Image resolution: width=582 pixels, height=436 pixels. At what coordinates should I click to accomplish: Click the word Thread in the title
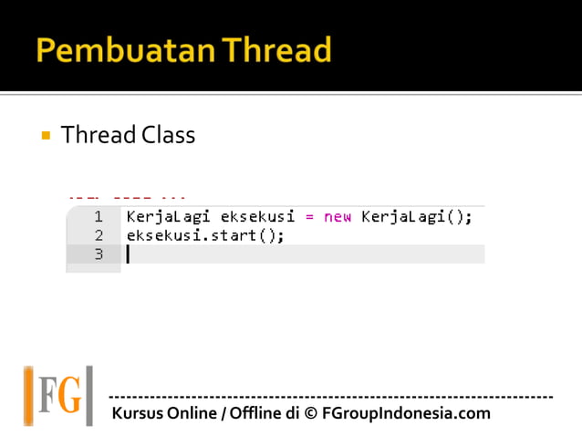273,50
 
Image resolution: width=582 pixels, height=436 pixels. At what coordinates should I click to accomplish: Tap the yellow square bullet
44,136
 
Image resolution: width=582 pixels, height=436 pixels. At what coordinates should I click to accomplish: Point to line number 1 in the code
98,217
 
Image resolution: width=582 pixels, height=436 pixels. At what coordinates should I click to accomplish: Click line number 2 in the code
98,235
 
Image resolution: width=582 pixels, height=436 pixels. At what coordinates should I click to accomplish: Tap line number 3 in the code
98,254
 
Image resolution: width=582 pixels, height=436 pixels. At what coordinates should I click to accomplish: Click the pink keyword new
338,217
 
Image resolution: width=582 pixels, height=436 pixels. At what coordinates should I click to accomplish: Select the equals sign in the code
309,217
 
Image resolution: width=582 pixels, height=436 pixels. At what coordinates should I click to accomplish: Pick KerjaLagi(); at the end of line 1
417,217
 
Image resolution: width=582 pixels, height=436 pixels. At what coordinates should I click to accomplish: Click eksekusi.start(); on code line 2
205,235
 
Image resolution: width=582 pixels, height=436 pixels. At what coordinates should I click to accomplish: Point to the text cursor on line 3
128,254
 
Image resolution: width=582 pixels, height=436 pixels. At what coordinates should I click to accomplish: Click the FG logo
58,396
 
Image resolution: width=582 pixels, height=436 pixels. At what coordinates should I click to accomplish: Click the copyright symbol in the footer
311,413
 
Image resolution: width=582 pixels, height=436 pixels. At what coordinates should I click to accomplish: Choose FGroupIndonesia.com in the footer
406,413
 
